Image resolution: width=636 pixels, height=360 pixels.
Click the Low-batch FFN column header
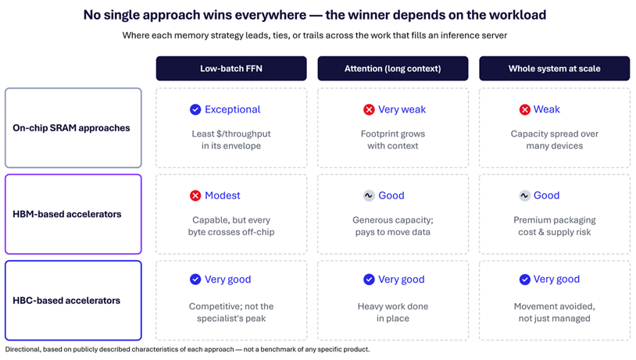231,69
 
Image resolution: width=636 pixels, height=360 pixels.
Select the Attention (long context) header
393,69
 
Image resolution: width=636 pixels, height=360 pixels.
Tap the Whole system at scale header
555,69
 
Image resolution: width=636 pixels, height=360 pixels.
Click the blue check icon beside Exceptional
195,109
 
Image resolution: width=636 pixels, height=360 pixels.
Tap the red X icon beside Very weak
369,109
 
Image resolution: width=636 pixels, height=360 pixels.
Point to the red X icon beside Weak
524,109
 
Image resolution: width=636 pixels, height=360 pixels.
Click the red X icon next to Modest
195,196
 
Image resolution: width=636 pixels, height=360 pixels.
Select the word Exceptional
232,109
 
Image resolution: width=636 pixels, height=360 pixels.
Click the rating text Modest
222,195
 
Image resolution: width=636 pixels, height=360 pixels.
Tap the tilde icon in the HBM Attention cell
369,196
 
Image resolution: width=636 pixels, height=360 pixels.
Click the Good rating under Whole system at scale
546,195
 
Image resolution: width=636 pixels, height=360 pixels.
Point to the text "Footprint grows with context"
393,140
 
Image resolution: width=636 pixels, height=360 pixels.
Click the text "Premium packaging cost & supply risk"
555,226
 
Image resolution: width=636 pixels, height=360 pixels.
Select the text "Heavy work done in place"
393,312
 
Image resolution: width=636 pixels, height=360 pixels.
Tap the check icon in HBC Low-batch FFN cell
195,280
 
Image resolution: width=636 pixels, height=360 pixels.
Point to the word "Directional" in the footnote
23,350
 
